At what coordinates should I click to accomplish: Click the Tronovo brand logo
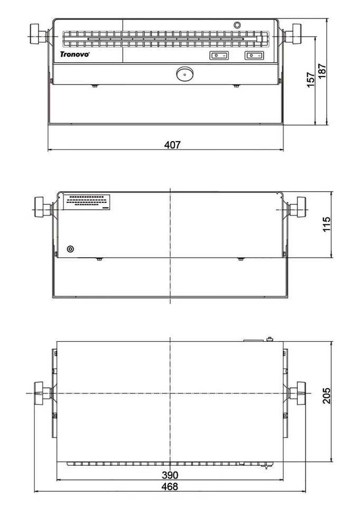tap(75, 54)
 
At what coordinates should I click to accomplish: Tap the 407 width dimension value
tap(172, 145)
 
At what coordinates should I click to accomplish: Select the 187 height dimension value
tap(322, 71)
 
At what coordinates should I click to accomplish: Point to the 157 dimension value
tap(310, 80)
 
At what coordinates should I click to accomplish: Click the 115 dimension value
tap(326, 224)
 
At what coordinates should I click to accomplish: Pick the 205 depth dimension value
tap(326, 396)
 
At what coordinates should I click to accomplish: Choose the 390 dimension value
tap(170, 475)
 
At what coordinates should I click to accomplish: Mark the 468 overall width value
tap(170, 486)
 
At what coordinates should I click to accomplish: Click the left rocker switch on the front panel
tap(219, 55)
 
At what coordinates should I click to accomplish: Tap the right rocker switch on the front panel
tap(254, 55)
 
